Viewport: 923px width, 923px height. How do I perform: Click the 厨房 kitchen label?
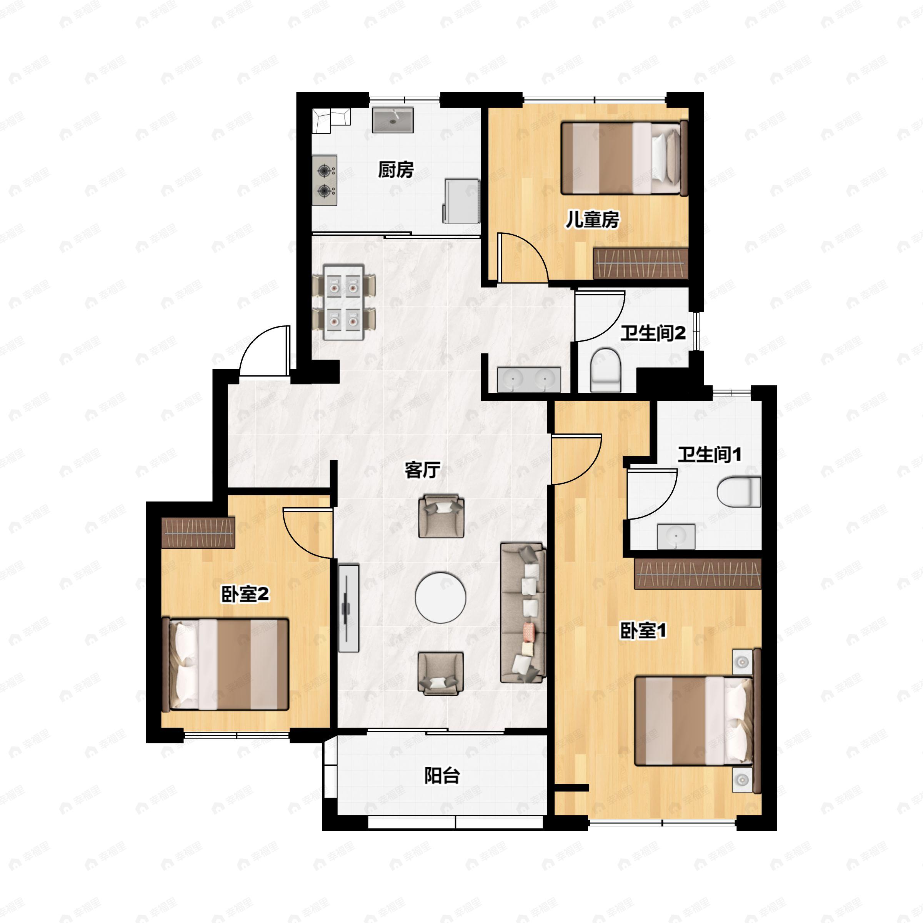pos(396,170)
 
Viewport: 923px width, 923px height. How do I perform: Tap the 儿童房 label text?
pos(592,220)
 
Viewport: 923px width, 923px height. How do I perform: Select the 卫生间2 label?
pos(653,333)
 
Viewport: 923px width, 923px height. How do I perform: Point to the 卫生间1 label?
pos(710,454)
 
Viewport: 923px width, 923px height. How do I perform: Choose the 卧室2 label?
pos(245,594)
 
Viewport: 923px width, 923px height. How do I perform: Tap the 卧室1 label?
pos(643,631)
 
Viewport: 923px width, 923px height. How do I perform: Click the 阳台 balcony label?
pos(442,775)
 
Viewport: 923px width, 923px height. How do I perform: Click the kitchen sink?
pos(393,120)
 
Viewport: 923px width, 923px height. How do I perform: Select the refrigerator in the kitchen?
pos(461,201)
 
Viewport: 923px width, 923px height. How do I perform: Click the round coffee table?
pos(440,598)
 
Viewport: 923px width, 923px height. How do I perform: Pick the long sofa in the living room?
pos(523,613)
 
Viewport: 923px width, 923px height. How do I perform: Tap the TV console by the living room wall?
pos(349,608)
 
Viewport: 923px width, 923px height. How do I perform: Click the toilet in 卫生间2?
pos(605,369)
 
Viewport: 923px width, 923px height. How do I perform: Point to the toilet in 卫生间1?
pos(738,491)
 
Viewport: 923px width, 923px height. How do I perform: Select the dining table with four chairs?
pos(343,302)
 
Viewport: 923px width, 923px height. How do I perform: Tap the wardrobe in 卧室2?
pos(198,533)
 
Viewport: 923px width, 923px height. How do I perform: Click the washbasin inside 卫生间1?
pos(676,536)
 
